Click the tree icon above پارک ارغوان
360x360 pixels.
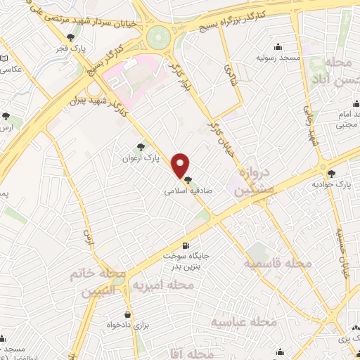[x=142, y=147]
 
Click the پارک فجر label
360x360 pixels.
[x=70, y=49]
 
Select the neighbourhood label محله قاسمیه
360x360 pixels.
[x=277, y=264]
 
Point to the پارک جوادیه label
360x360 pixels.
[x=331, y=184]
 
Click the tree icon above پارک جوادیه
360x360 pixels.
[x=331, y=172]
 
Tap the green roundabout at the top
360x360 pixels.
[x=160, y=34]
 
